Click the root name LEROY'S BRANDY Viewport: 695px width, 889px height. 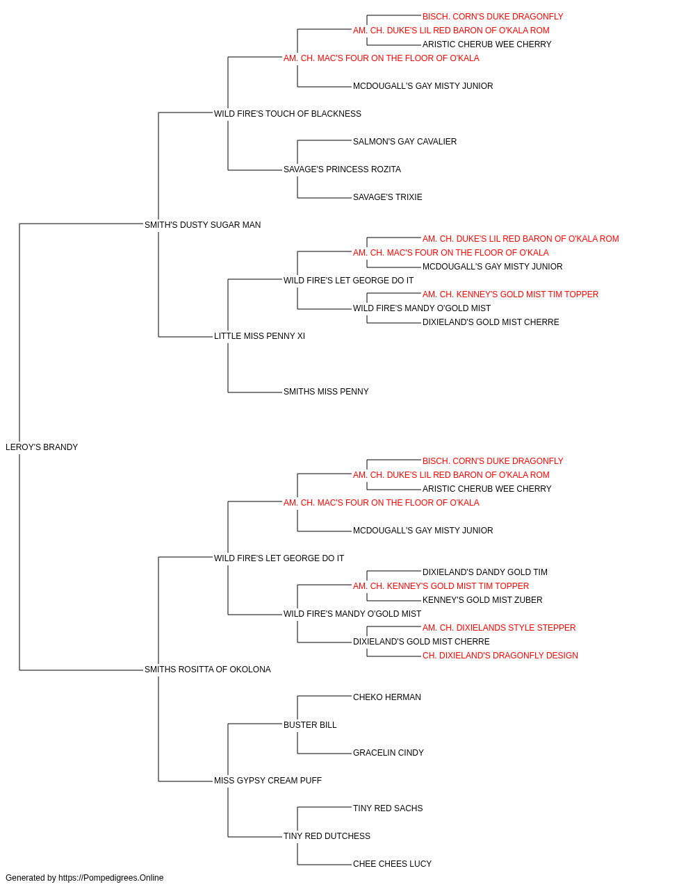point(42,447)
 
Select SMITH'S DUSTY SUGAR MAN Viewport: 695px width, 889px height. point(203,224)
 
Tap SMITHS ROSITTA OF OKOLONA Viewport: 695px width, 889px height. point(208,670)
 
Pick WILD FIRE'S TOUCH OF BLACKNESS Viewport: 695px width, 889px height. point(287,114)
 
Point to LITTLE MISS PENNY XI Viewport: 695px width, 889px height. point(259,336)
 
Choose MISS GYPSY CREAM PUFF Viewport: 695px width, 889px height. point(268,781)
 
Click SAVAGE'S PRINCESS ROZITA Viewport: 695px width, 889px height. point(342,169)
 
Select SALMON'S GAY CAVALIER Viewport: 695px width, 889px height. point(404,142)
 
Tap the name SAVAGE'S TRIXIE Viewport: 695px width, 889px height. point(388,197)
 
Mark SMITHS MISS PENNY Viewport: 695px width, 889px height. point(326,392)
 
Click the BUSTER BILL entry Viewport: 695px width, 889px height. point(310,725)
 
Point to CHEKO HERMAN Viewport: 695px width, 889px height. point(387,697)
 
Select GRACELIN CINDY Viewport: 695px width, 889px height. point(389,753)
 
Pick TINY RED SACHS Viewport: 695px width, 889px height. point(388,808)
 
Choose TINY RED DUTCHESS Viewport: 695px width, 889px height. point(327,836)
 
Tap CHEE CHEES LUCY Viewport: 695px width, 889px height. point(393,864)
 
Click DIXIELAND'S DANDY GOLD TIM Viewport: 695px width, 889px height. point(485,572)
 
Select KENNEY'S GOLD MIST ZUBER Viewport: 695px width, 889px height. point(482,600)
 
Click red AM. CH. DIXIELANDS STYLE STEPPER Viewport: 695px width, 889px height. point(499,628)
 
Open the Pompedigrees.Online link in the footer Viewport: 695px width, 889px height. point(111,878)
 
